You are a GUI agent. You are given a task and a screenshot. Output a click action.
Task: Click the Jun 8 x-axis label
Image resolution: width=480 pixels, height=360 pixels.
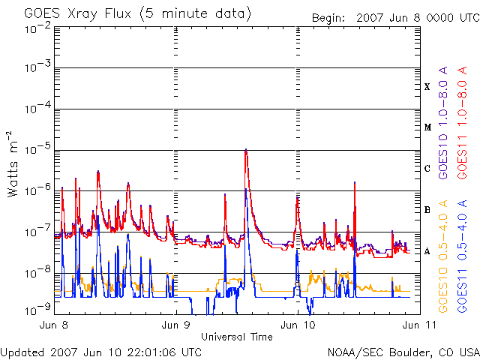(x=56, y=325)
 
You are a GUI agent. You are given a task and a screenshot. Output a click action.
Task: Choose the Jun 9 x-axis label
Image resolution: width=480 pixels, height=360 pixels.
(x=175, y=325)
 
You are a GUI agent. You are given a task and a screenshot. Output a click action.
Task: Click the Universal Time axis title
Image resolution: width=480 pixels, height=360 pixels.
(x=236, y=337)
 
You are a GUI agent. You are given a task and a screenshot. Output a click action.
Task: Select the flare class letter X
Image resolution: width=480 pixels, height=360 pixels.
(x=427, y=87)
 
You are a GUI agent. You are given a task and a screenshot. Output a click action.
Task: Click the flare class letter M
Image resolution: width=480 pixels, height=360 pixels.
(x=427, y=127)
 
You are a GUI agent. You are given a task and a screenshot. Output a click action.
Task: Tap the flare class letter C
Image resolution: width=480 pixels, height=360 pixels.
(x=427, y=169)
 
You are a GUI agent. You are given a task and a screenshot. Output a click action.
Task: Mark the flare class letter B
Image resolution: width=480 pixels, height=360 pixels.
(x=427, y=210)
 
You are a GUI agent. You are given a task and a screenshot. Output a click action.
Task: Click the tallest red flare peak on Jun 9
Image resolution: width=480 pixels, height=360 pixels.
(x=245, y=150)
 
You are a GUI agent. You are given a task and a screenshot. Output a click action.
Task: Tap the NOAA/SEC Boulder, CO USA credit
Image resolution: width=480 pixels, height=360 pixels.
(x=403, y=352)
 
